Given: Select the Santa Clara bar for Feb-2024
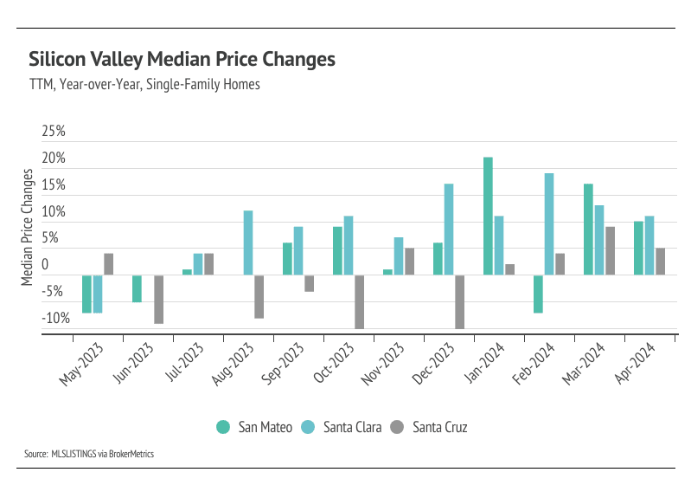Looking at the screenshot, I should [x=548, y=224].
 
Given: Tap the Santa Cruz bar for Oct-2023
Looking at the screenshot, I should [x=359, y=301].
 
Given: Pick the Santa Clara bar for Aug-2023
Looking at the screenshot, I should [x=248, y=243].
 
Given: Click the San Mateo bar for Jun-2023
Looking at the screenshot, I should [x=137, y=288].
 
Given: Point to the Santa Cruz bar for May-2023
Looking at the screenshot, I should [x=108, y=264].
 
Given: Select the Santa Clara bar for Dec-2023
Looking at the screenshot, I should [x=449, y=230].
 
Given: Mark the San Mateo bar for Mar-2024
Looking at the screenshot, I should [x=588, y=230].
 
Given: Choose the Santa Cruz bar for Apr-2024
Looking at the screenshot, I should [x=660, y=262].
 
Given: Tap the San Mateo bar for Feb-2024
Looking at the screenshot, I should [x=538, y=294].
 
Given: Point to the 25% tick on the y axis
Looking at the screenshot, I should [x=54, y=132].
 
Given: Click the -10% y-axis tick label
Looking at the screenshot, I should [x=54, y=318].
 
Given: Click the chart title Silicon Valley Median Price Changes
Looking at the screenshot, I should [x=182, y=60].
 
